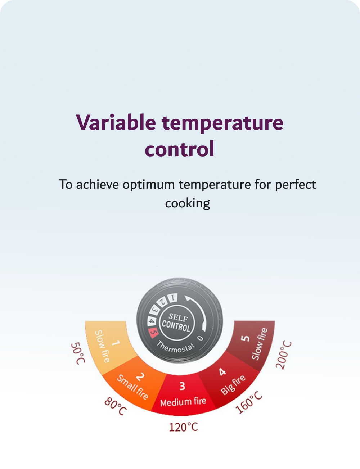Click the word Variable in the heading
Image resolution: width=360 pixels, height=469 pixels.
click(x=116, y=122)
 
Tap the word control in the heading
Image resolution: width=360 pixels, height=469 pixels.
click(x=180, y=149)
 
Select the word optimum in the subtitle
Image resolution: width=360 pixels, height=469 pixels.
click(x=148, y=185)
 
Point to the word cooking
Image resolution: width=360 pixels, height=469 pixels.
click(x=188, y=203)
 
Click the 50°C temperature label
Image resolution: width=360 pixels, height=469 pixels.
click(x=78, y=353)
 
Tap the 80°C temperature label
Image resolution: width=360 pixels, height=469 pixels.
click(x=116, y=406)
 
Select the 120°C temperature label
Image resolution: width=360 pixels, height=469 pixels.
click(x=184, y=427)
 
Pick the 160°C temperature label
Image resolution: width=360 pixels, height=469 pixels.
click(x=249, y=402)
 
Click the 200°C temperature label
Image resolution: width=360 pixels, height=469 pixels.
click(x=284, y=355)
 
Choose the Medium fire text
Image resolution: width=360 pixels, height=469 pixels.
click(x=183, y=402)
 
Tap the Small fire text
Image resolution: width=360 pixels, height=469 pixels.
click(x=132, y=387)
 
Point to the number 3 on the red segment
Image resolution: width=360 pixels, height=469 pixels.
click(x=183, y=386)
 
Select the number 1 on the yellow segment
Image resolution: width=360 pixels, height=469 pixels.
click(x=116, y=343)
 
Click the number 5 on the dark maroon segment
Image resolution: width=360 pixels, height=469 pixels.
click(x=245, y=338)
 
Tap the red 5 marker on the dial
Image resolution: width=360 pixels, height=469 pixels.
click(x=153, y=333)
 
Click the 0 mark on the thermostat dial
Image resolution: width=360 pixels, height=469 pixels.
click(x=201, y=338)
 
